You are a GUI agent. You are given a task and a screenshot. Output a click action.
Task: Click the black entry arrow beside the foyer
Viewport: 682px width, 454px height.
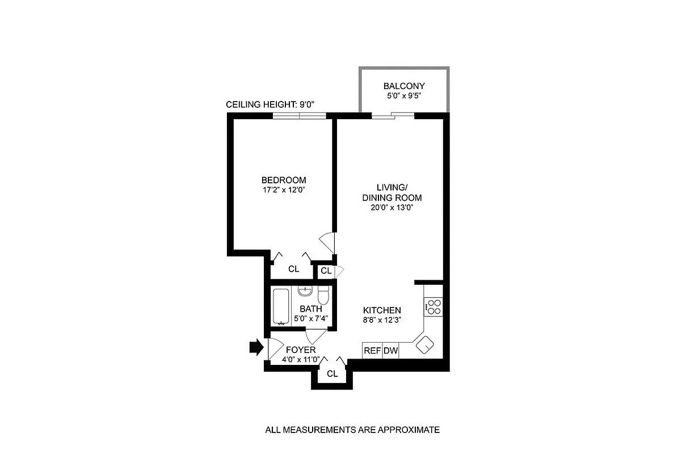pyautogui.click(x=256, y=347)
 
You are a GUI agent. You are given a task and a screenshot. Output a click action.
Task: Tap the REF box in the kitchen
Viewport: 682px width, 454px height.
pyautogui.click(x=372, y=351)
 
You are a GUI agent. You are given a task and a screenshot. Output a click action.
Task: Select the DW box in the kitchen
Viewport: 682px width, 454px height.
pyautogui.click(x=391, y=351)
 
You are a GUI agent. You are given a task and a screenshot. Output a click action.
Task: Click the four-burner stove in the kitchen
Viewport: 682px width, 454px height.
pyautogui.click(x=433, y=306)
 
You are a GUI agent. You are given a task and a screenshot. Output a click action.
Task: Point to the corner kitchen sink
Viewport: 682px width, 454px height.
pyautogui.click(x=424, y=344)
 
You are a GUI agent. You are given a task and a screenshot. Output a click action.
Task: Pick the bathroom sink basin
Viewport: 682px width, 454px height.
pyautogui.click(x=305, y=292)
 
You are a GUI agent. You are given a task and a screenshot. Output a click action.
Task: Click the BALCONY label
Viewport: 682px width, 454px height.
pyautogui.click(x=404, y=86)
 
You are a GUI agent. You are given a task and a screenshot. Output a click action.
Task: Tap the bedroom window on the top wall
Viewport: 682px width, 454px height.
pyautogui.click(x=300, y=116)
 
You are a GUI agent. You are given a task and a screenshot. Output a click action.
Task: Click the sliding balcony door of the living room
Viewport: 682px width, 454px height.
pyautogui.click(x=393, y=116)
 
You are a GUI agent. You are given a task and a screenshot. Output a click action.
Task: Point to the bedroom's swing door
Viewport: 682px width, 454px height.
pyautogui.click(x=328, y=243)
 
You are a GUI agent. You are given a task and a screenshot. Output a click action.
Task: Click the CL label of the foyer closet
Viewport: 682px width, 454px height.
pyautogui.click(x=332, y=374)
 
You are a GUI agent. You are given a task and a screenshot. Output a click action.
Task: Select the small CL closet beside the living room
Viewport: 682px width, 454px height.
pyautogui.click(x=326, y=271)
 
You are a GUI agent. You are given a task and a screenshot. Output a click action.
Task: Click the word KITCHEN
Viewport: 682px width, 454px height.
pyautogui.click(x=382, y=310)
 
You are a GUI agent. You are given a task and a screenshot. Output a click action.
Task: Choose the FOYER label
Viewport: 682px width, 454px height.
pyautogui.click(x=301, y=350)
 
